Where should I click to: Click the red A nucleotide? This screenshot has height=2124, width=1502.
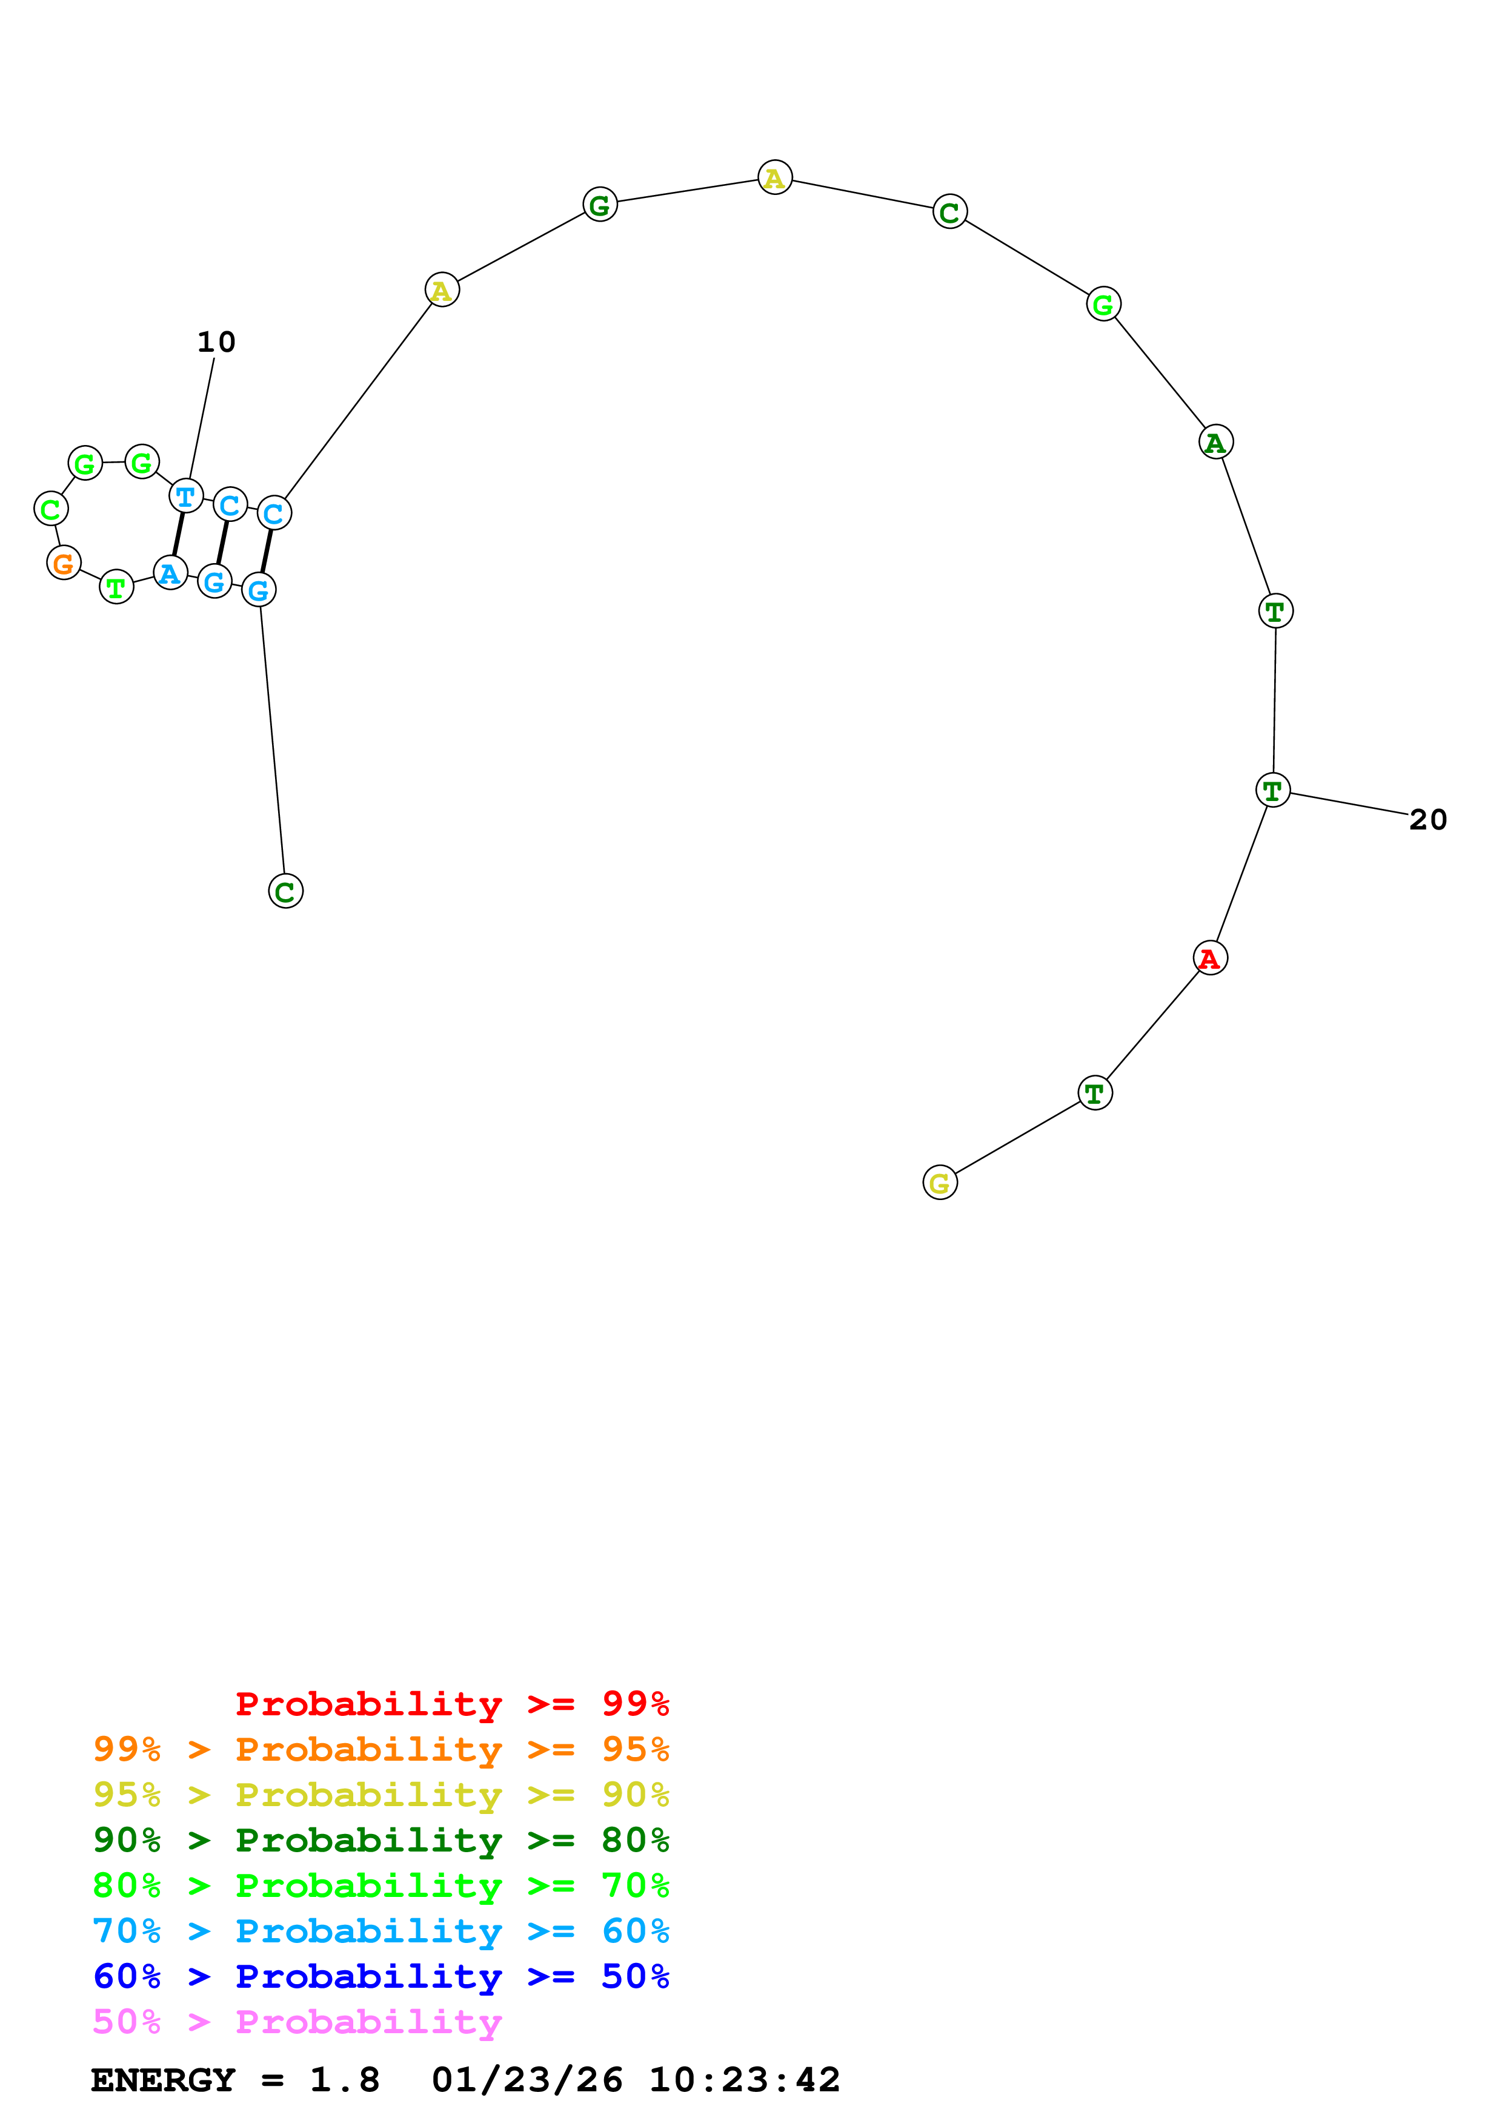pos(1209,958)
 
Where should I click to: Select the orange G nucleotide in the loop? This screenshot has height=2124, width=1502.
pos(64,562)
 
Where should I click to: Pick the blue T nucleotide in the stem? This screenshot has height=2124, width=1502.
pos(186,496)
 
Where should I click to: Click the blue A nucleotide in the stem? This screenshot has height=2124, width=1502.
pos(170,573)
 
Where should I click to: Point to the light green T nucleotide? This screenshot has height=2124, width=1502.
pos(116,587)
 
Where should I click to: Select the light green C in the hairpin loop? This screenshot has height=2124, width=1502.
pos(51,509)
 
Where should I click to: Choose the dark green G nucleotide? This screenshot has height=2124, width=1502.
pos(600,205)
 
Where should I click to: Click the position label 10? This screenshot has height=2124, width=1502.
pos(216,342)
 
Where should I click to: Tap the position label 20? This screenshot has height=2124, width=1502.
pos(1427,820)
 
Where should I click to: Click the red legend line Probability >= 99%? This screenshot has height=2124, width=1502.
pos(451,1703)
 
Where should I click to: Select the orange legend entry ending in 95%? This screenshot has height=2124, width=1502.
pos(380,1749)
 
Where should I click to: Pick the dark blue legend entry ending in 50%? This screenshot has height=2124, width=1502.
pos(380,1976)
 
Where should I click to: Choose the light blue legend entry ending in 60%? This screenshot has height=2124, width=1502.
pos(380,1931)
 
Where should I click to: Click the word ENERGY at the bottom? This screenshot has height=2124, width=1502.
pos(163,2080)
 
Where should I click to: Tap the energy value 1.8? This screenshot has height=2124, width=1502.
pos(344,2080)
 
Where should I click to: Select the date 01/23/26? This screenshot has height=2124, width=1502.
pos(527,2080)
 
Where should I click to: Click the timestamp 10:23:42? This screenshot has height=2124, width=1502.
pos(744,2080)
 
